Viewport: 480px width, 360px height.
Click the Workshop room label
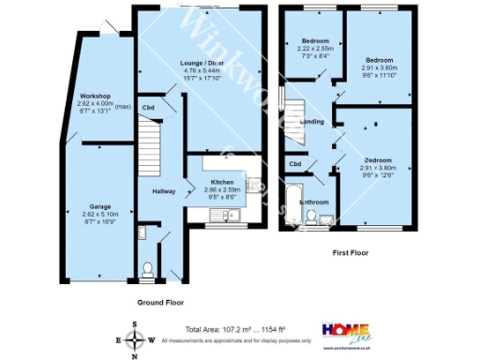point(96,97)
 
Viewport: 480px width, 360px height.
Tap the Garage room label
point(100,205)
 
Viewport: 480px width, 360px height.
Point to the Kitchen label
point(221,182)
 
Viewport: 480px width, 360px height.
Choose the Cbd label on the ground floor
point(148,107)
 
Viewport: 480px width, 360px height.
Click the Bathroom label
point(313,201)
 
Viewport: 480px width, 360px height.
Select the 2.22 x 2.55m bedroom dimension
point(315,48)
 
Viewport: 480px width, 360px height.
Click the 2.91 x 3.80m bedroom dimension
point(381,168)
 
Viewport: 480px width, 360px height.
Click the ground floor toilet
point(146,271)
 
